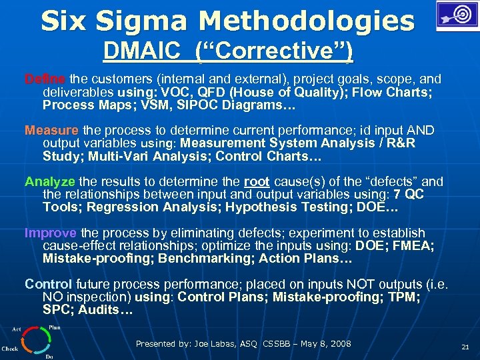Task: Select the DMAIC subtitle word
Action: click(x=137, y=51)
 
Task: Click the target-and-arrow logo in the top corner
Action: click(x=456, y=15)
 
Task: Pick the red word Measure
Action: click(x=51, y=129)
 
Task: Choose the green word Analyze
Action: click(x=51, y=181)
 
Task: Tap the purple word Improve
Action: click(x=51, y=233)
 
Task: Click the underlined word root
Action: click(x=257, y=181)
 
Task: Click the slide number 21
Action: click(x=465, y=347)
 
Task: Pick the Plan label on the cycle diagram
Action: click(x=55, y=327)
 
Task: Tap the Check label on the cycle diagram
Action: click(x=10, y=349)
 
